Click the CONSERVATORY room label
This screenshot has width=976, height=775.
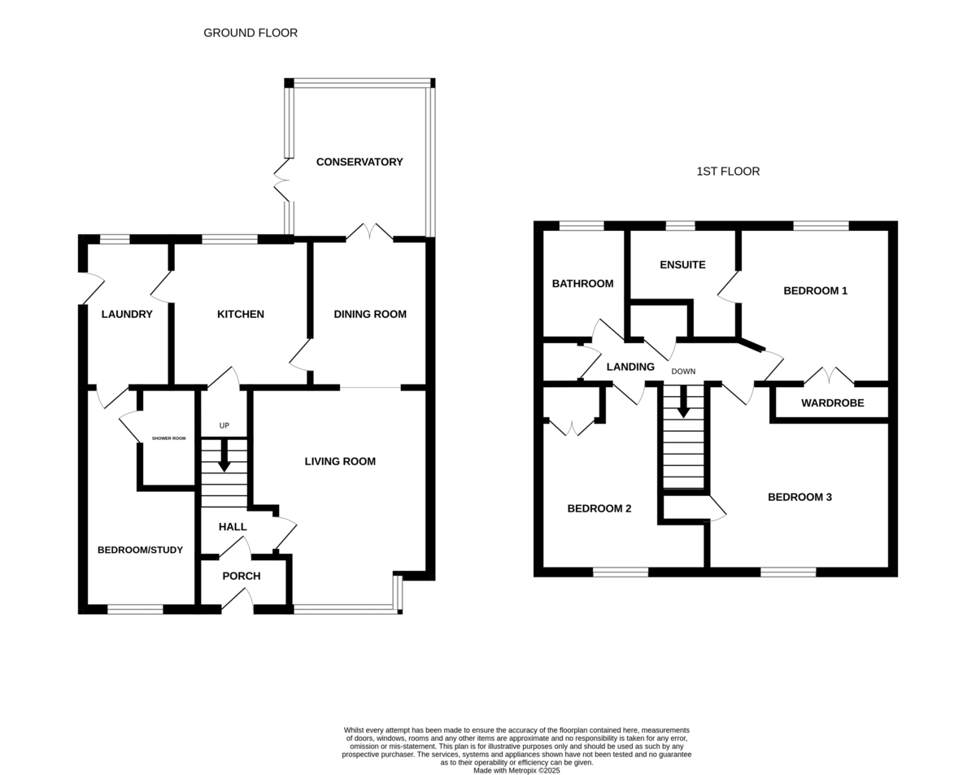[x=359, y=162]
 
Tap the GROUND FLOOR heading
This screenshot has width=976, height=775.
[x=251, y=33]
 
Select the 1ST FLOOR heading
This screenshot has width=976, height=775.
[x=728, y=172]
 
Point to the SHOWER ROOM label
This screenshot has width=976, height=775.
[x=168, y=438]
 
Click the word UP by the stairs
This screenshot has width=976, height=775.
[x=224, y=426]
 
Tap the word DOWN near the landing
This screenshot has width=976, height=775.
[x=683, y=372]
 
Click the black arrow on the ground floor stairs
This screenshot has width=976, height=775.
[x=224, y=455]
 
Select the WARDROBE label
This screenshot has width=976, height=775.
[x=832, y=403]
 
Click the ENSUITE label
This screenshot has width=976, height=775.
[x=682, y=265]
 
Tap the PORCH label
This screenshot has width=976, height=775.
[x=242, y=576]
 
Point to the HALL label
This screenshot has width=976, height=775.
[x=233, y=526]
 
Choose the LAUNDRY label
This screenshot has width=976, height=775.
[x=127, y=314]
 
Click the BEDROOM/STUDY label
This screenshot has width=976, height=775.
[x=140, y=550]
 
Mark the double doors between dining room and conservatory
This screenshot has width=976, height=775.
[x=369, y=232]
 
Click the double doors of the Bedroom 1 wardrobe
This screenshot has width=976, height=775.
[x=829, y=375]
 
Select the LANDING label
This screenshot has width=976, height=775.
[x=630, y=367]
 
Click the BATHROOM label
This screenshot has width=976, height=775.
[x=583, y=284]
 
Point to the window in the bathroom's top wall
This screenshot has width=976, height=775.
[x=582, y=226]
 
